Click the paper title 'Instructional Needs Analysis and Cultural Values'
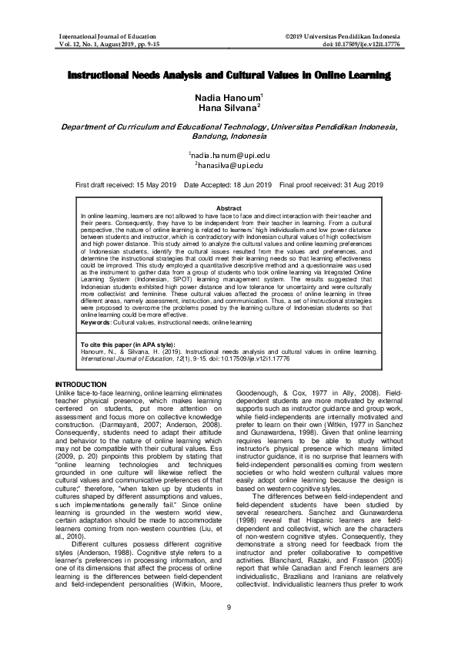229,77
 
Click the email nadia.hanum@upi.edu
230,155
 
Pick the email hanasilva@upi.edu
230,166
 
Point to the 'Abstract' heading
229,209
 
